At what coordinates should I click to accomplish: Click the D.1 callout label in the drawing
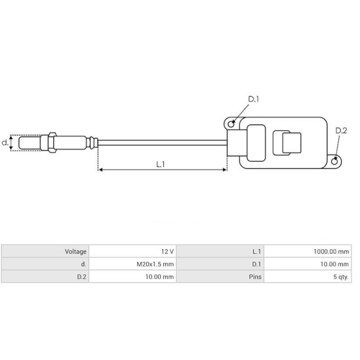[x=254, y=99]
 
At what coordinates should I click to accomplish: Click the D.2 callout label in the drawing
[x=341, y=131]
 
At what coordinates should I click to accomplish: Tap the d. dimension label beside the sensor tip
[x=5, y=143]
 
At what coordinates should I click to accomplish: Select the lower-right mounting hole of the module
[x=335, y=161]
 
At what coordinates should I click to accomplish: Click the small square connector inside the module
[x=286, y=143]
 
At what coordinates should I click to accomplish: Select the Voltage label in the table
[x=75, y=252]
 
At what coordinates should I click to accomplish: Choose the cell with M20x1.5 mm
[x=155, y=264]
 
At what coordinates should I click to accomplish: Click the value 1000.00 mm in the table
[x=331, y=252]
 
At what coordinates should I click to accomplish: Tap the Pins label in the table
[x=255, y=277]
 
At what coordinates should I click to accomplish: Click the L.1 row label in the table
[x=256, y=252]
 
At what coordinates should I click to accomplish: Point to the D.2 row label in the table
[x=81, y=277]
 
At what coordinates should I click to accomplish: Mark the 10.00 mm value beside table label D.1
[x=334, y=264]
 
